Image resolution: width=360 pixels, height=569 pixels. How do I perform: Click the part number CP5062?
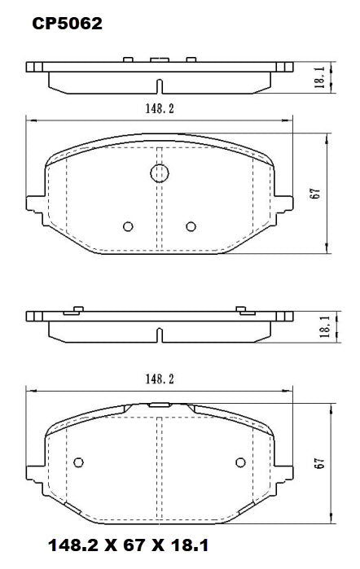[67, 24]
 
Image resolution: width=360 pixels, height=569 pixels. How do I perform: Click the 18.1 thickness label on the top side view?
[321, 77]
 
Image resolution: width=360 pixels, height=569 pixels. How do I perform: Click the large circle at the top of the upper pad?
[160, 173]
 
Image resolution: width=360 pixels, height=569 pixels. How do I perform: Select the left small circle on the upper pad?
[127, 226]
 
